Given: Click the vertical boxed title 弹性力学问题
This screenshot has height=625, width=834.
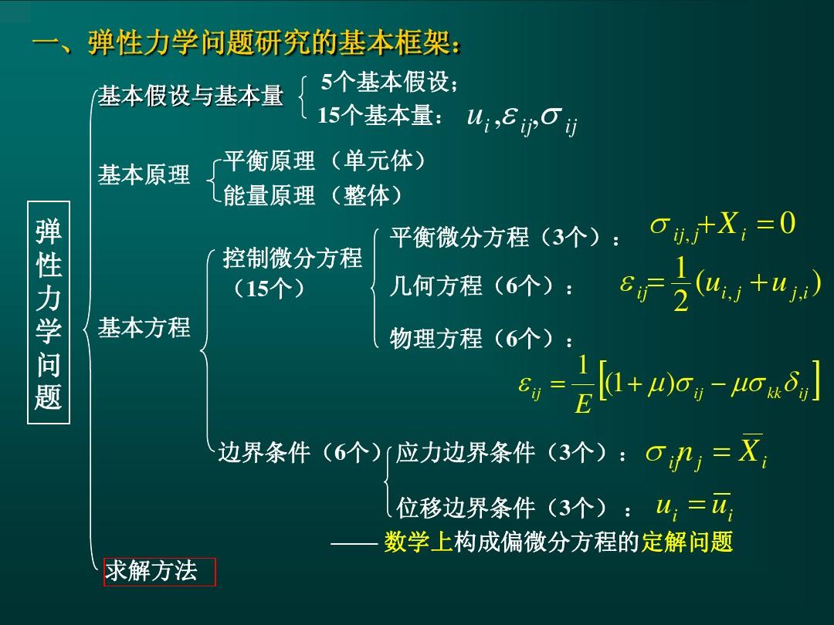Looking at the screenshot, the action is pos(49,312).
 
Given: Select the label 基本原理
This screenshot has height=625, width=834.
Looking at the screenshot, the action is pos(144,174).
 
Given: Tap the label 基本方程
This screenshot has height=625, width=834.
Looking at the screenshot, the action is pos(144,327).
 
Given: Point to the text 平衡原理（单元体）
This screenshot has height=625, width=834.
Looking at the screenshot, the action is pos(324,160).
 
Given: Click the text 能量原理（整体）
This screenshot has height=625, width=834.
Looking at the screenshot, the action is pos(313,195).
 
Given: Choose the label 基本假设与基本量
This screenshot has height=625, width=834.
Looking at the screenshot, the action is pos(190,96).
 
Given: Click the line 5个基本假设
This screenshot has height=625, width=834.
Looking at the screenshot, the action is pos(389,82).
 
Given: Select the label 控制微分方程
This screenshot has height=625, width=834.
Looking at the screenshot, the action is pos(292,258).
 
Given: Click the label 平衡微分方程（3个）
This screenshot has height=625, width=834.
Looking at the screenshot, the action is pos(504,237).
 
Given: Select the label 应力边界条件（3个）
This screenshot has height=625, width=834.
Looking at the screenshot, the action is pos(510,453).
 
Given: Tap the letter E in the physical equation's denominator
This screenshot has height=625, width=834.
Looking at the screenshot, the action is pos(583,404).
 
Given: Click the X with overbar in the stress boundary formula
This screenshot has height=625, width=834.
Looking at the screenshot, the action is pos(750,449).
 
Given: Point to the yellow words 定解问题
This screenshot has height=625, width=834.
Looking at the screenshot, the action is pos(687,542).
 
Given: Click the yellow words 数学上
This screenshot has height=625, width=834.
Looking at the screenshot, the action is pos(418,542).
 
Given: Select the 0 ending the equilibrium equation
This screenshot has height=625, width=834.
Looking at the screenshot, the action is pos(788,223).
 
